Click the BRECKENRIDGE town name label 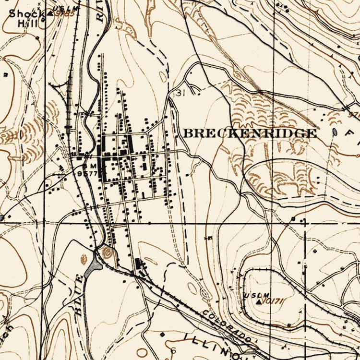[250, 133]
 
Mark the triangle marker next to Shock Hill [50, 13]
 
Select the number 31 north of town [180, 92]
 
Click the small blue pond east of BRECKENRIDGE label [334, 132]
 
